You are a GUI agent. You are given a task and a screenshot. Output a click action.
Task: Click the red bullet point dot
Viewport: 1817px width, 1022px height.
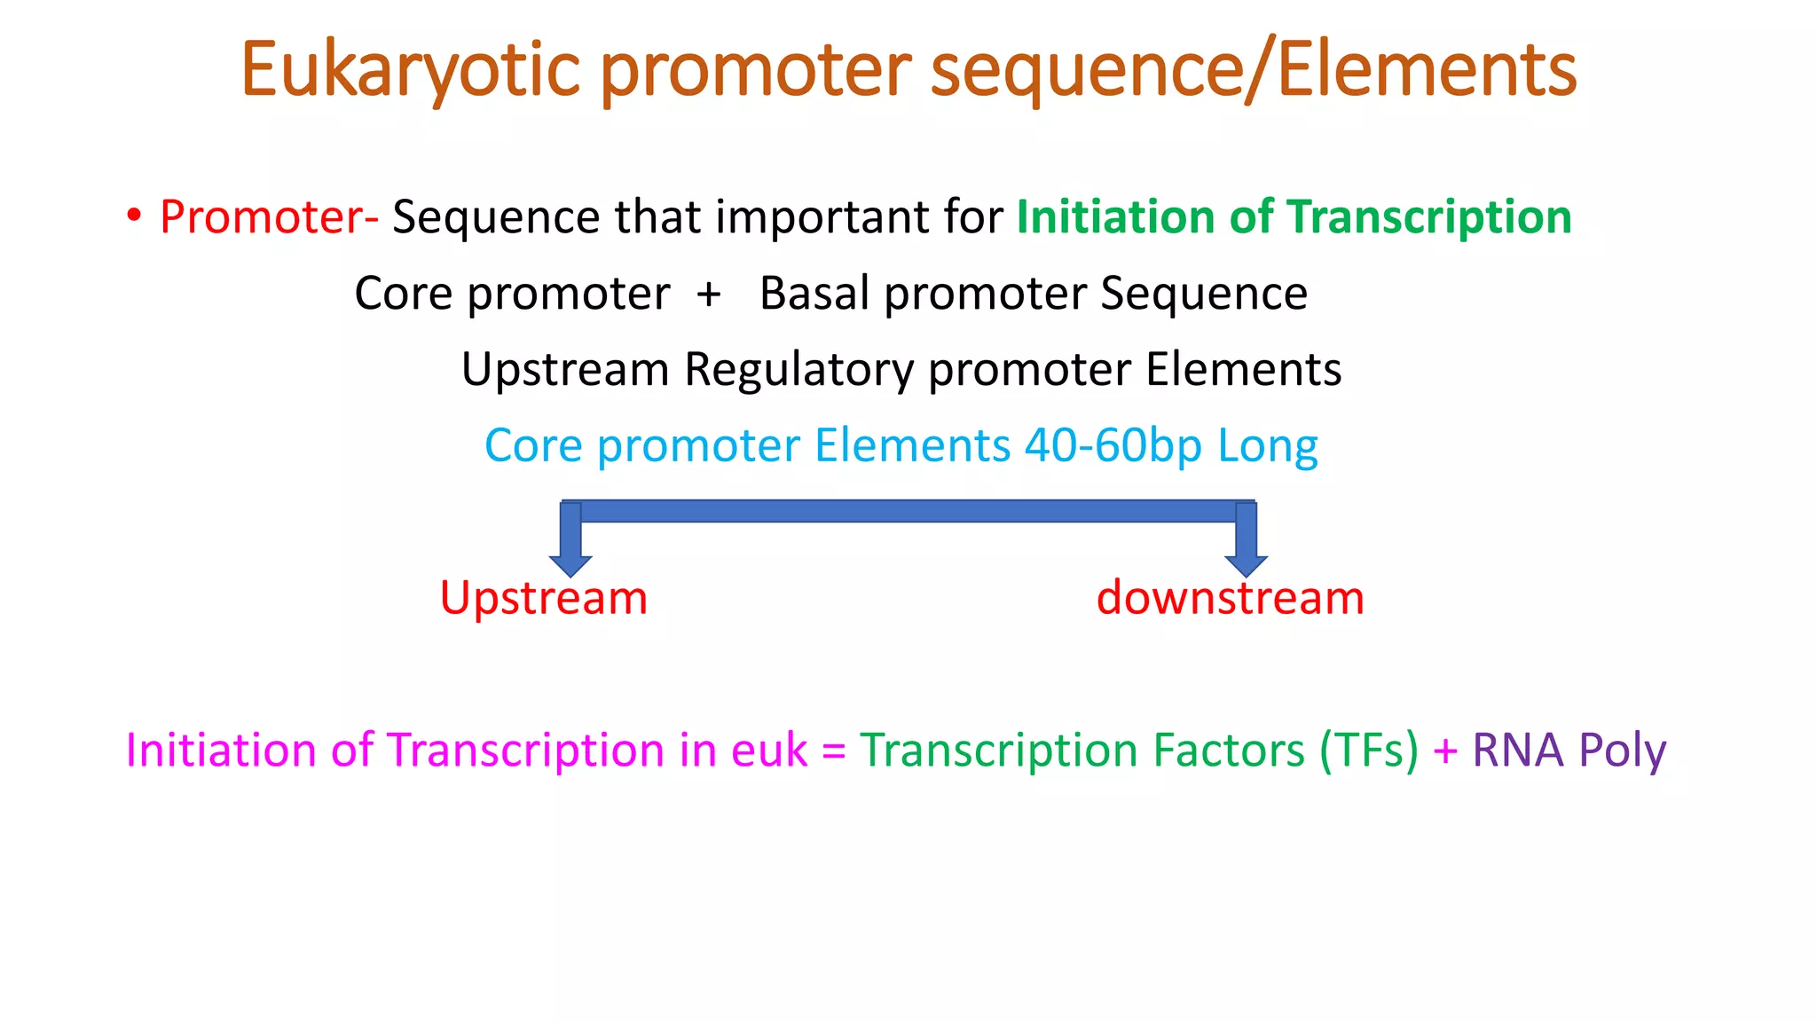click(134, 216)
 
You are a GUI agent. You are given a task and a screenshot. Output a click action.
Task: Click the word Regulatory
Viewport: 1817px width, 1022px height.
click(798, 370)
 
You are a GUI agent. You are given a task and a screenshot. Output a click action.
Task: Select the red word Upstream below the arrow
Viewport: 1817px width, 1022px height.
click(544, 598)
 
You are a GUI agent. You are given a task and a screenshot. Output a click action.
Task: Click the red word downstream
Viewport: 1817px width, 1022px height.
click(1231, 598)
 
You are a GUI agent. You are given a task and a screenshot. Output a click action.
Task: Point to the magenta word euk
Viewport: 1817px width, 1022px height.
click(769, 751)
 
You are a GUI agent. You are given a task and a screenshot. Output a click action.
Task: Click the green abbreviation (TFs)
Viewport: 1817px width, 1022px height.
click(1369, 751)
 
